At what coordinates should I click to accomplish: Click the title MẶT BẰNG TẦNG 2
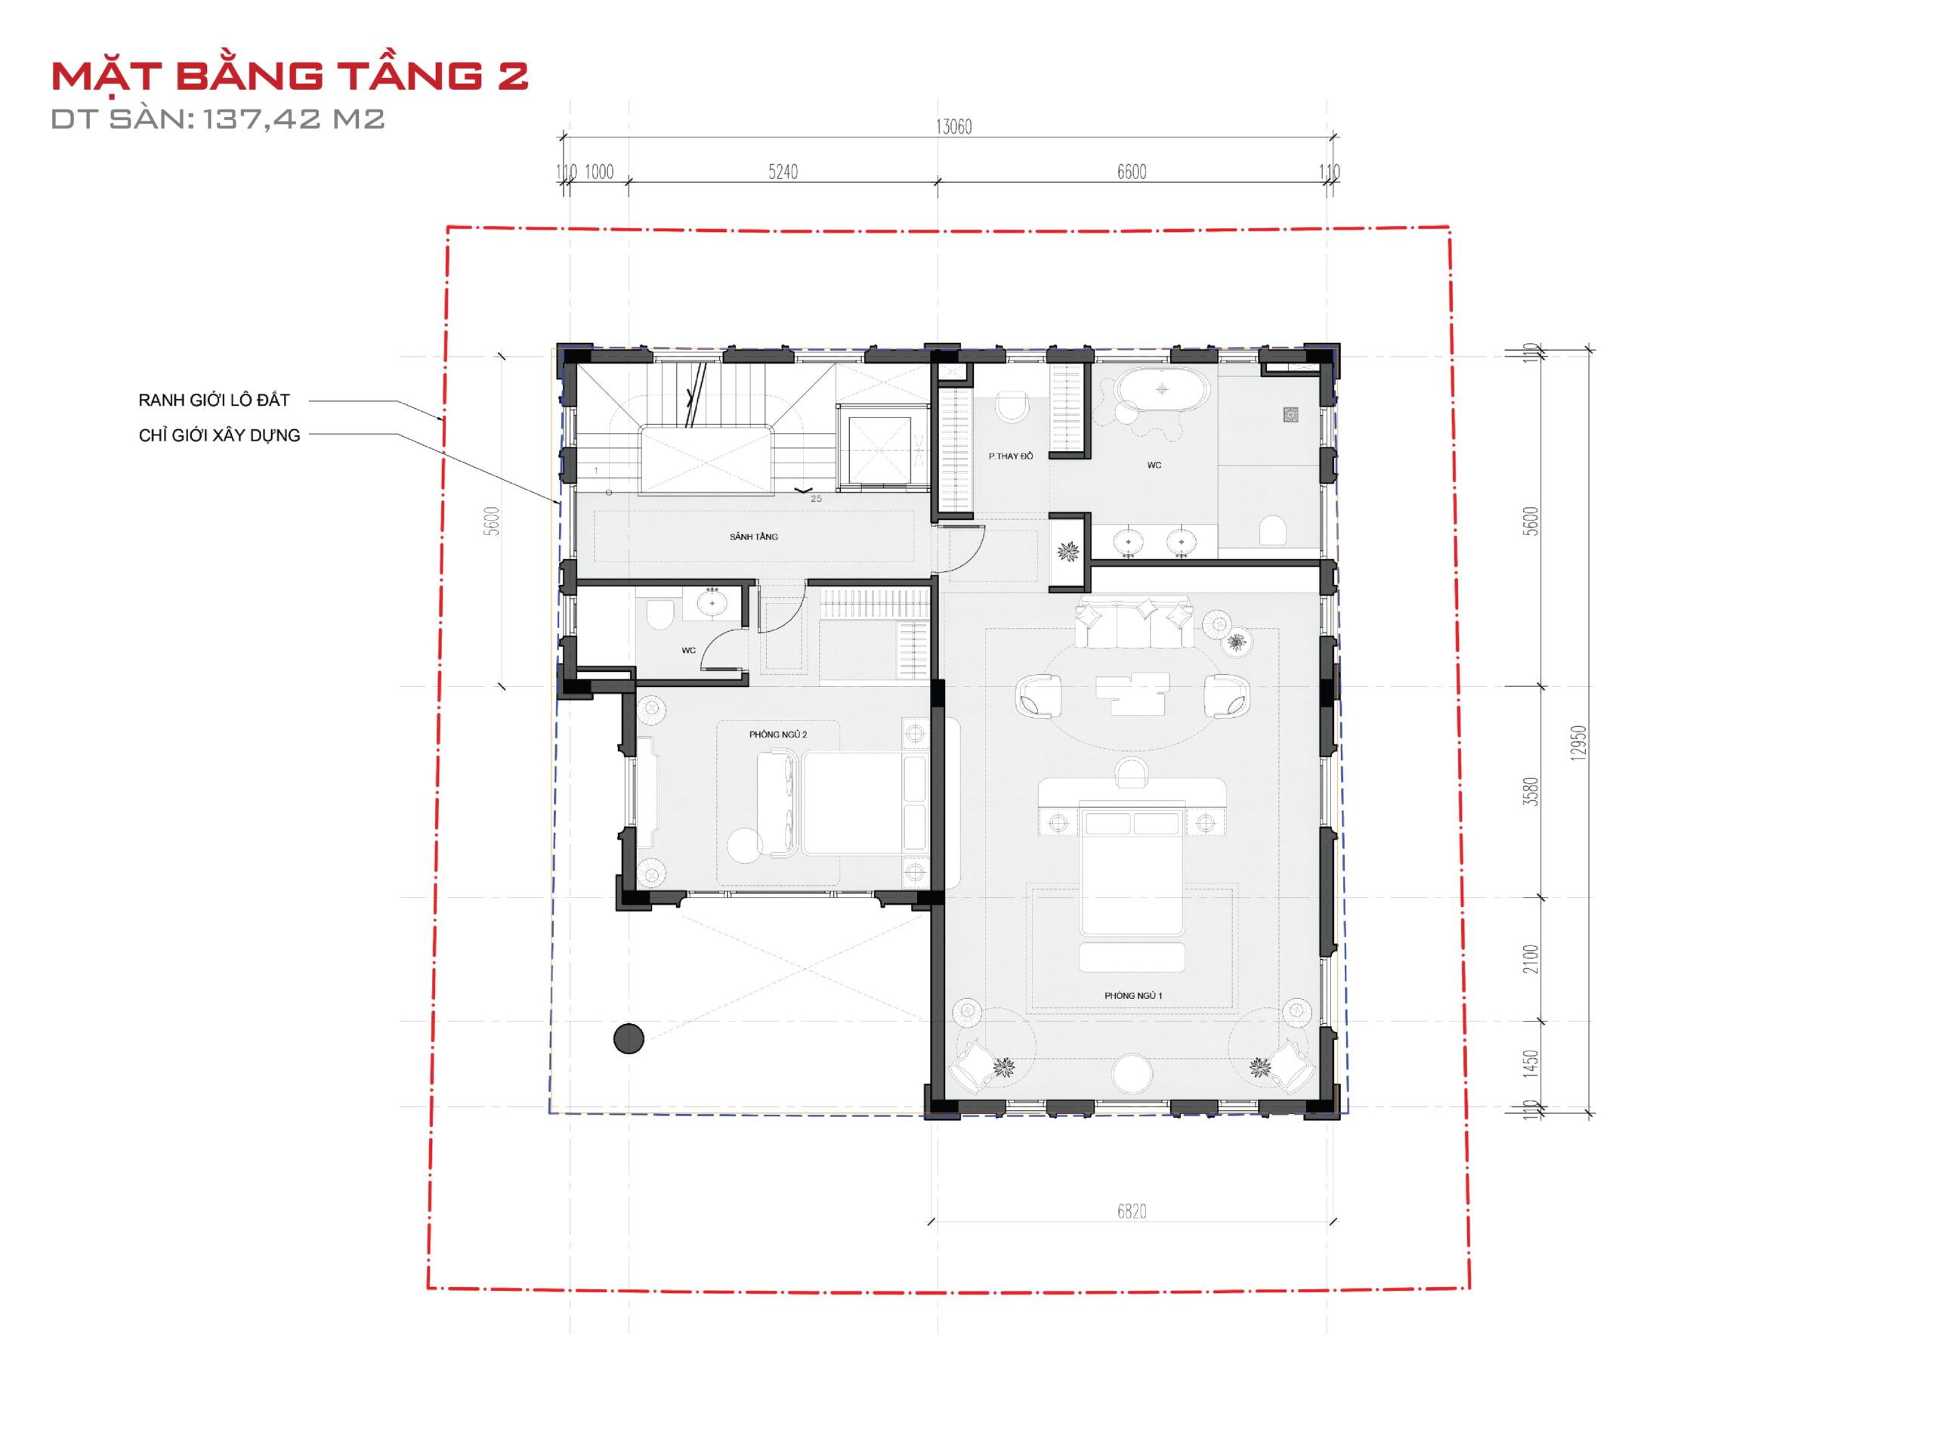[x=289, y=76]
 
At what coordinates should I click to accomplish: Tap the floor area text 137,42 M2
[x=295, y=119]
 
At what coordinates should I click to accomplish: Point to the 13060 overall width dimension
[x=953, y=127]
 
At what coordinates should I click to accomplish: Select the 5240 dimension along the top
[x=783, y=172]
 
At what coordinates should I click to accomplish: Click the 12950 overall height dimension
[x=1578, y=743]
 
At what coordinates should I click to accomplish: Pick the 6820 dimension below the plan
[x=1132, y=1211]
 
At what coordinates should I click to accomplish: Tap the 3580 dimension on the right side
[x=1530, y=791]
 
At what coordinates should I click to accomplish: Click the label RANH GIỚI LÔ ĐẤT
[x=215, y=401]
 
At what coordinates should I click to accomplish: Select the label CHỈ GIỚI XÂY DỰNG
[x=219, y=435]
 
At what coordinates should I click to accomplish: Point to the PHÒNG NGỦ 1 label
[x=1133, y=995]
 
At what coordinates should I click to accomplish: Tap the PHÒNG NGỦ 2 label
[x=778, y=735]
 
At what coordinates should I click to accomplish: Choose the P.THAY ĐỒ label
[x=1011, y=456]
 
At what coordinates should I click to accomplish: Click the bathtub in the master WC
[x=1161, y=389]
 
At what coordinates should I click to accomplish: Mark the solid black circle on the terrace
[x=629, y=1038]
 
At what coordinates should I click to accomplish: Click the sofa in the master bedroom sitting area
[x=1133, y=623]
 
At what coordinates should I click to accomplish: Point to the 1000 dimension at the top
[x=599, y=172]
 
